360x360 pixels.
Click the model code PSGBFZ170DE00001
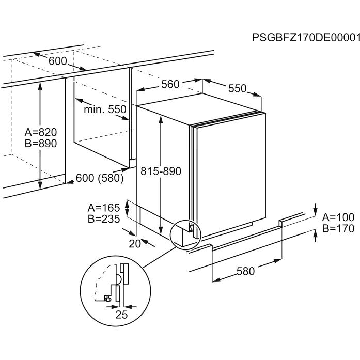pyautogui.click(x=305, y=38)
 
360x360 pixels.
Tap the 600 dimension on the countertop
pyautogui.click(x=58, y=61)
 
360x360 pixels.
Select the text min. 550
pyautogui.click(x=105, y=109)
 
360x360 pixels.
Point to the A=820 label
pyautogui.click(x=40, y=132)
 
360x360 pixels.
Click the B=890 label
pyautogui.click(x=40, y=143)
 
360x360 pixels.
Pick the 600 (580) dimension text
pyautogui.click(x=100, y=178)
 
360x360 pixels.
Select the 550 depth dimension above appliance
pyautogui.click(x=237, y=88)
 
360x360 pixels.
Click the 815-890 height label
pyautogui.click(x=161, y=171)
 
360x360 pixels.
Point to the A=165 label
pyautogui.click(x=104, y=208)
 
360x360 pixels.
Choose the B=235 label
pyautogui.click(x=104, y=218)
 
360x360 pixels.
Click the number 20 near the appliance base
pyautogui.click(x=135, y=244)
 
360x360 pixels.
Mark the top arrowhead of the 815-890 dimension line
pyautogui.click(x=161, y=118)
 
